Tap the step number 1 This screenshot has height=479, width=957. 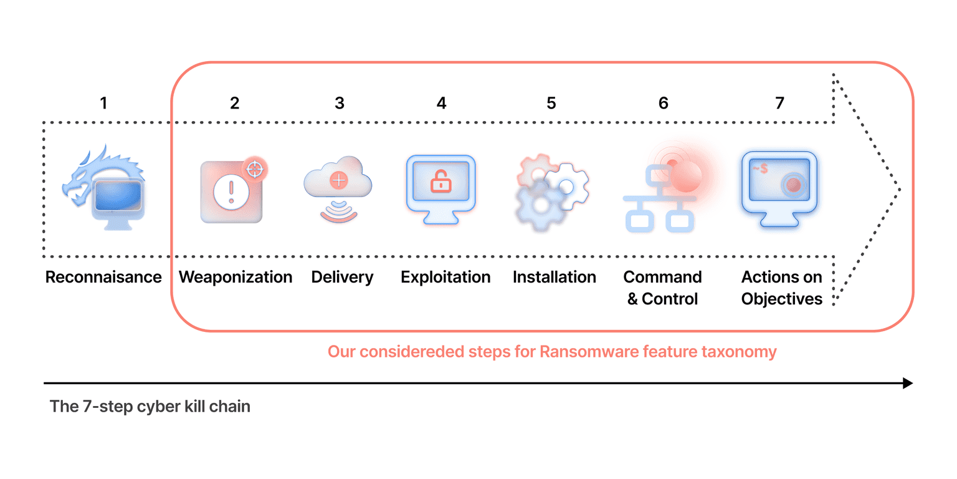[x=103, y=103]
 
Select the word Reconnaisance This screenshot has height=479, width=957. [x=103, y=277]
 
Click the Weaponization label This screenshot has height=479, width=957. [x=236, y=277]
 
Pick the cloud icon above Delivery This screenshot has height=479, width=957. [x=338, y=181]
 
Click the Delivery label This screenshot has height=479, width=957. [x=342, y=277]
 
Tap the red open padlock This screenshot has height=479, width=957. [x=440, y=181]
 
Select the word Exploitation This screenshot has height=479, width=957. [x=445, y=277]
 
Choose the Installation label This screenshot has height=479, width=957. [x=555, y=277]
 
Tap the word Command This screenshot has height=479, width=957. [x=662, y=277]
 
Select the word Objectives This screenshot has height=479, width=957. [x=782, y=299]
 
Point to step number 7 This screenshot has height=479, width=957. [x=779, y=103]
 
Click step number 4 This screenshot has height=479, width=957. [x=441, y=103]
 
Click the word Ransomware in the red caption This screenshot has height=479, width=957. [x=579, y=352]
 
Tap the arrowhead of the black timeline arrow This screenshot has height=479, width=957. [x=908, y=383]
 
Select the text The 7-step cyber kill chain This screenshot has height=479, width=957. [x=150, y=407]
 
